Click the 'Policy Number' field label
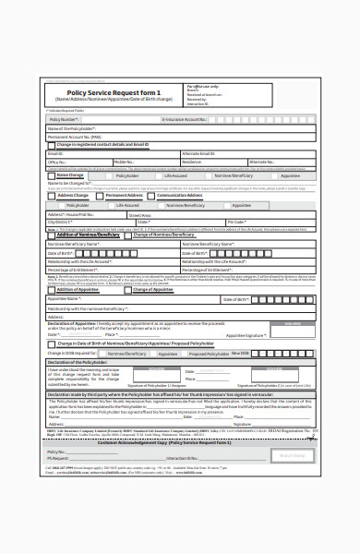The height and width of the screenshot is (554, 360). pyautogui.click(x=64, y=119)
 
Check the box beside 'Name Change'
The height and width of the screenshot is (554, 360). pyautogui.click(x=52, y=174)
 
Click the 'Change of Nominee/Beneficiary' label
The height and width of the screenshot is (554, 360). pyautogui.click(x=166, y=235)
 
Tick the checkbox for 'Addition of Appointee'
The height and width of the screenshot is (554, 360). pyautogui.click(x=52, y=290)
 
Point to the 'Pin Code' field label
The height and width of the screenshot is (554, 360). pyautogui.click(x=236, y=222)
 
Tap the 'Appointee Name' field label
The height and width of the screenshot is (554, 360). pyautogui.click(x=66, y=299)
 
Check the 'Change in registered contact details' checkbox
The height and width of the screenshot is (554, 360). pyautogui.click(x=52, y=145)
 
